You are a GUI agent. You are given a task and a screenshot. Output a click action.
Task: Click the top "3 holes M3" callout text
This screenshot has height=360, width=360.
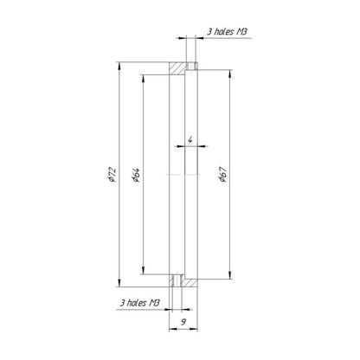[227, 31]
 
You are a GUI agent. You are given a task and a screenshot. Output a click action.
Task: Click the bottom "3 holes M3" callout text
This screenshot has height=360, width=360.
[139, 303]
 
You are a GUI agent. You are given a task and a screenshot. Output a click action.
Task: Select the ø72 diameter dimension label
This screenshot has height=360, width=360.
[112, 175]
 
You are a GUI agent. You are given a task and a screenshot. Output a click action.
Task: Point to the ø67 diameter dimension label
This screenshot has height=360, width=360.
[222, 175]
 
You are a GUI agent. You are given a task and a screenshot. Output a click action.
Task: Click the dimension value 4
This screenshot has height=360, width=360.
[190, 139]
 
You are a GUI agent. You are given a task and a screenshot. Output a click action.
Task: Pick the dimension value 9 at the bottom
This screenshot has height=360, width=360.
[183, 322]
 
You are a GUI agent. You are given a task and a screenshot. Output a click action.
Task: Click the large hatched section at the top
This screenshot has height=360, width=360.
[177, 68]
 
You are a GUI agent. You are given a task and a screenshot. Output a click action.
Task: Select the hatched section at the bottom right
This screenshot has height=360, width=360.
[191, 283]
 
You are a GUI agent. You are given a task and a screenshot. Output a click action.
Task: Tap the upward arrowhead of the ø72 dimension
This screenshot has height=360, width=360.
[119, 66]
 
